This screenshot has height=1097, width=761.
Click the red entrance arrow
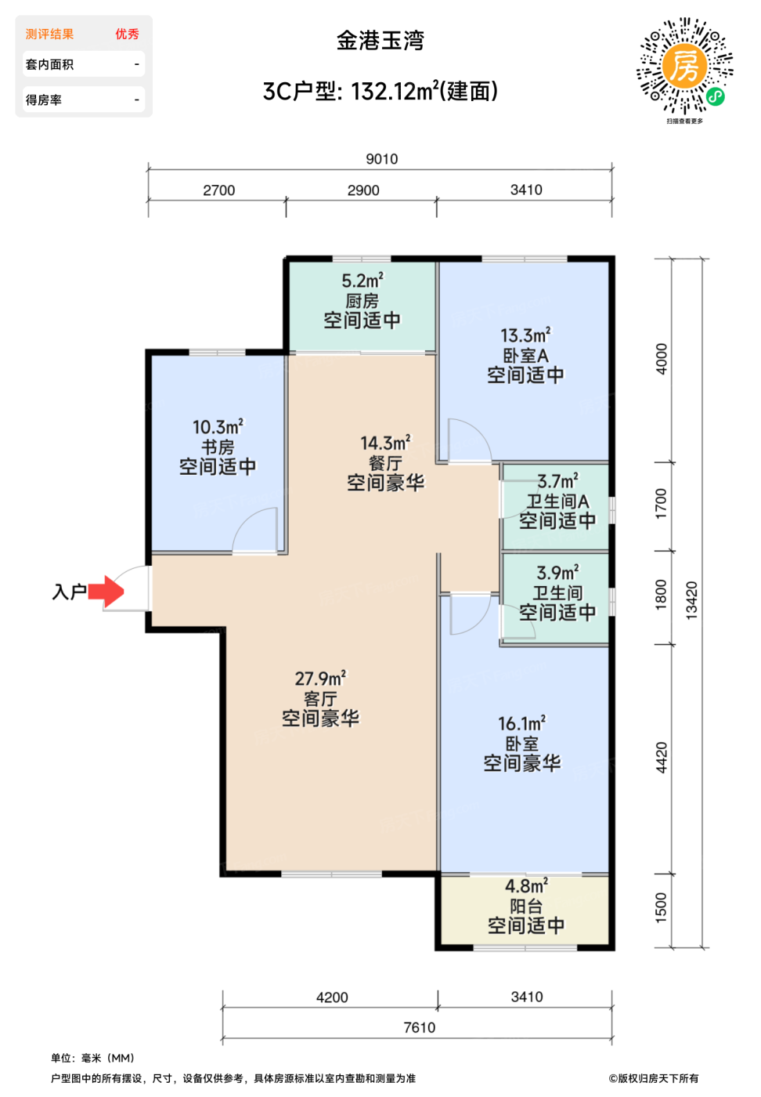[x=106, y=591]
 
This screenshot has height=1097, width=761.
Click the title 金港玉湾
[x=380, y=41]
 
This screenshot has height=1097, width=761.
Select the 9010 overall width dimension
[x=382, y=158]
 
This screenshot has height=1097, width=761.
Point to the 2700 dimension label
[x=218, y=190]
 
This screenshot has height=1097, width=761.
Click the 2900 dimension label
[x=363, y=190]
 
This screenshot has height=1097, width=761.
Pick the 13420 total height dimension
[x=691, y=600]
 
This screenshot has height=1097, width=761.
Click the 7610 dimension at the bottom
[x=420, y=1027]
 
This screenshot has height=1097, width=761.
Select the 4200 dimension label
[x=332, y=997]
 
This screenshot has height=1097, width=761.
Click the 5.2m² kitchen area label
[x=362, y=281]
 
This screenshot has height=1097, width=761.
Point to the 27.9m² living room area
[x=320, y=679]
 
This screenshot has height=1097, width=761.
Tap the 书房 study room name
[x=218, y=447]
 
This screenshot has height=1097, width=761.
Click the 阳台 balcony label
[x=526, y=906]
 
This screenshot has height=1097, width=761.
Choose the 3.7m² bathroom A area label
[x=558, y=481]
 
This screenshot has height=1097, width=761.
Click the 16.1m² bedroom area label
[x=521, y=723]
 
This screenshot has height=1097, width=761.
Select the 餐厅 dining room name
[x=386, y=463]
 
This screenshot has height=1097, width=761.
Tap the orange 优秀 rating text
[x=128, y=34]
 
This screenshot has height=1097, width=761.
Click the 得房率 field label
[x=44, y=100]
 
